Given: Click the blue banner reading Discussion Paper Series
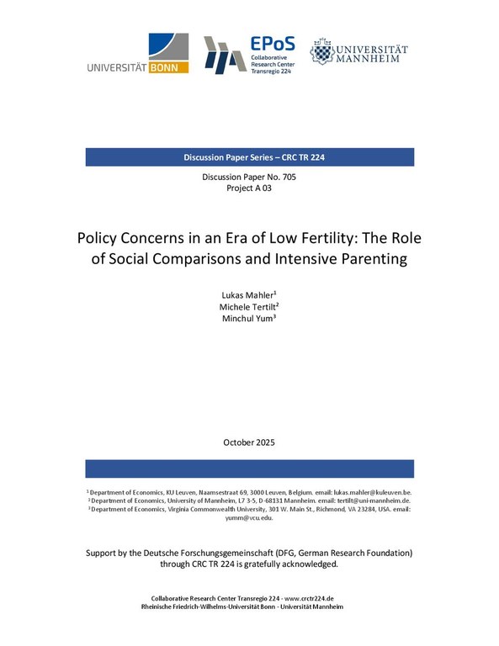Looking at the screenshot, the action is (x=249, y=157).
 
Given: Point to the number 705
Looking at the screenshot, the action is (x=287, y=177).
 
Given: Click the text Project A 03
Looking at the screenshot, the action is (x=249, y=188).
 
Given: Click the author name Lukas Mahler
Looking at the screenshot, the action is (x=248, y=296).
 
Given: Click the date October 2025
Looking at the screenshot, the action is (x=249, y=442).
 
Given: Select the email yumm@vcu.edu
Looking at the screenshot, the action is (x=249, y=519).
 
